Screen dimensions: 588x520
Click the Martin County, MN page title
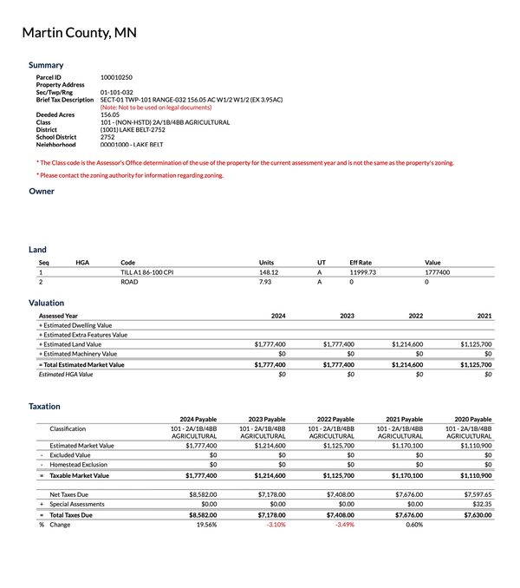point(79,33)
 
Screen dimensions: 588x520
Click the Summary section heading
point(46,65)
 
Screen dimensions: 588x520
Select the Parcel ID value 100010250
point(116,77)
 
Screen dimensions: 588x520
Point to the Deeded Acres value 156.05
point(110,114)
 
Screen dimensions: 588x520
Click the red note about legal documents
point(156,107)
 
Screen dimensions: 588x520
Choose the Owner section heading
point(42,191)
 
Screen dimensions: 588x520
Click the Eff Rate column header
point(361,262)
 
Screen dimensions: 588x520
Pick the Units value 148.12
point(269,272)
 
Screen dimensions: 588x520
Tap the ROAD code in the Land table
point(129,282)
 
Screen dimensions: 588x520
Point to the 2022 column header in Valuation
point(415,316)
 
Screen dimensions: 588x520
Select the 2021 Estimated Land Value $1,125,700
point(475,344)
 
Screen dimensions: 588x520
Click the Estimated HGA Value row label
point(66,374)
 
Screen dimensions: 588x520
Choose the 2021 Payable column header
point(404,419)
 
